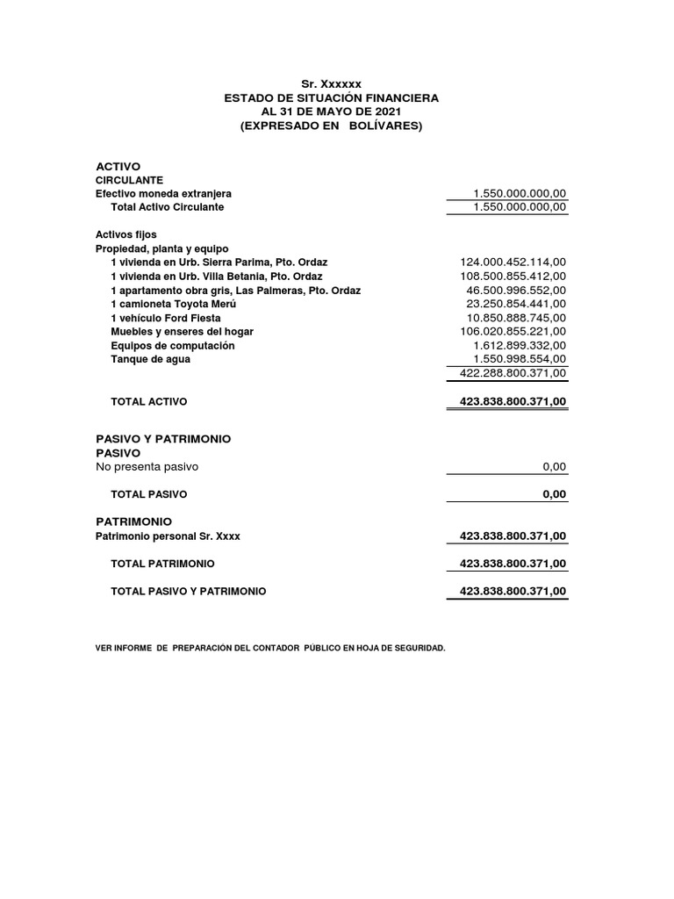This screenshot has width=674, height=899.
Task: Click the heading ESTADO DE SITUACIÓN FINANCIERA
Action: click(331, 97)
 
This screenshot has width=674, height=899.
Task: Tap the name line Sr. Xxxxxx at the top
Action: click(331, 83)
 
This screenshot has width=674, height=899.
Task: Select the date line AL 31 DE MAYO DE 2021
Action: click(331, 111)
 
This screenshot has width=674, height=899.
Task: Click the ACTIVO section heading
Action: click(118, 166)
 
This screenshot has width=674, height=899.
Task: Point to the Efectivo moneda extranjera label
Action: click(163, 193)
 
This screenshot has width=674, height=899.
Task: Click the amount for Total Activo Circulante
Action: click(520, 207)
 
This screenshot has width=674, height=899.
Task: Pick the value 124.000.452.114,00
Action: click(513, 262)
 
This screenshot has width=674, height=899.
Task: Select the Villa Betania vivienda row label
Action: click(217, 276)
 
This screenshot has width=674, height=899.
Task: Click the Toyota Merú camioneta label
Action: click(174, 304)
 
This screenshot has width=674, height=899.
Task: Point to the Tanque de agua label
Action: click(150, 359)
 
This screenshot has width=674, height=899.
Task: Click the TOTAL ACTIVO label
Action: click(149, 401)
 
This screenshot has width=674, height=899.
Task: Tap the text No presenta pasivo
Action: click(147, 466)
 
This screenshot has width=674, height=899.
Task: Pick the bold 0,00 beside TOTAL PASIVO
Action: click(555, 494)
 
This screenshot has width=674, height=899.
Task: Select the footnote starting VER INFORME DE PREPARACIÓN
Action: click(270, 648)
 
